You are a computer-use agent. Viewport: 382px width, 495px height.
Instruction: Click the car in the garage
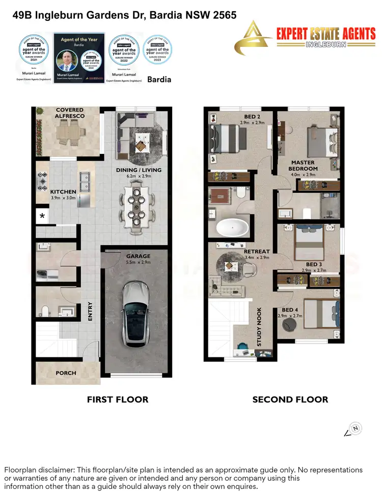135,312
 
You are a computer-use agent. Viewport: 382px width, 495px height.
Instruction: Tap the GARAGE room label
139,256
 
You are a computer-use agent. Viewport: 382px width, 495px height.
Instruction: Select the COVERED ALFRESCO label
70,113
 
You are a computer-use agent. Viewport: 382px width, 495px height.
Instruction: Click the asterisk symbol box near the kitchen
42,216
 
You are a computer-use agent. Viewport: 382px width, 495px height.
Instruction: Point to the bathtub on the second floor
232,227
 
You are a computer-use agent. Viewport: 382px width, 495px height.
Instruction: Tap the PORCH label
66,373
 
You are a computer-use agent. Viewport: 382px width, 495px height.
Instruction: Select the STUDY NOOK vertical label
259,327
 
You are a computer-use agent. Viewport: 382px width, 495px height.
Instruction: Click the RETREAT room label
257,251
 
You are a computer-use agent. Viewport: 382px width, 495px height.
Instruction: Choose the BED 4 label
291,310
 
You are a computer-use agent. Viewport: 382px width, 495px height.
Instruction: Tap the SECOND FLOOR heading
290,400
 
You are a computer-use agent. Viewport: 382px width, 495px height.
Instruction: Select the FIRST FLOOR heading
118,400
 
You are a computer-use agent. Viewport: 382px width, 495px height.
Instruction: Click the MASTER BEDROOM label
303,166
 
